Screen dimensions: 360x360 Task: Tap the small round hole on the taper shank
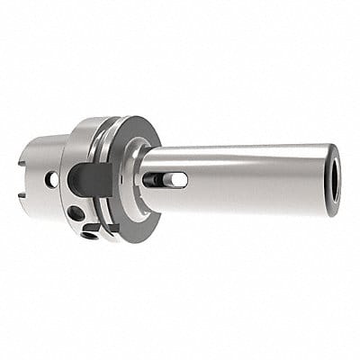[52, 180]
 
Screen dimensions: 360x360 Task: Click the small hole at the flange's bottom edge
[89, 236]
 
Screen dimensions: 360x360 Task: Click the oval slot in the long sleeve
[168, 180]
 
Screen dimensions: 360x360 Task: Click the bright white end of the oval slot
[179, 180]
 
